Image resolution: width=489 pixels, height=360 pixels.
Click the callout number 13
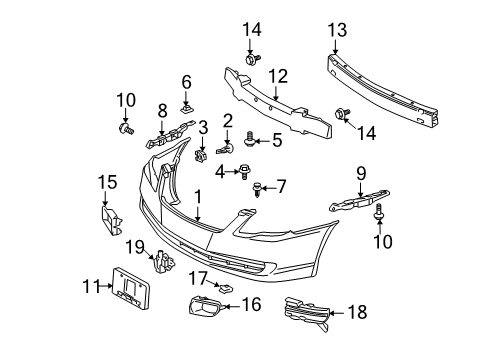point(337,30)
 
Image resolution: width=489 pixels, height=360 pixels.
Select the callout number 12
point(278,76)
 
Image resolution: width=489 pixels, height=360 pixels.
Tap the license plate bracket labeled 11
point(130,288)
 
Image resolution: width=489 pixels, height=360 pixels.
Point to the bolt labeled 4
point(245,172)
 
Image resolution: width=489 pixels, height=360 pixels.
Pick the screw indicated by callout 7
point(257,189)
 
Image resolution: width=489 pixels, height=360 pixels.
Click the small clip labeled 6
point(187,108)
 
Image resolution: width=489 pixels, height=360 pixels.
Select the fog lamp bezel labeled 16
point(204,306)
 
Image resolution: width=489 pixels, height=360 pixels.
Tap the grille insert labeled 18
point(307,313)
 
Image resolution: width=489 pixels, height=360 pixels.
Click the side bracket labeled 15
point(111,221)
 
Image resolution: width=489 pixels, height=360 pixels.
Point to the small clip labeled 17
point(225,287)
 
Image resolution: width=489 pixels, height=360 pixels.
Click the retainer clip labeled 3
point(200,156)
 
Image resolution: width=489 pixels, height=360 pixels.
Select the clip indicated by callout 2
point(225,149)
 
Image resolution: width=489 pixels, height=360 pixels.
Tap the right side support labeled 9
point(359,201)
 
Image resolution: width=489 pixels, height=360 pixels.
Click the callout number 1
point(198,197)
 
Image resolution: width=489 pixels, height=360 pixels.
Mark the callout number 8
point(162,111)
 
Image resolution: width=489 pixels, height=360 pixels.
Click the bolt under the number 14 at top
point(252,60)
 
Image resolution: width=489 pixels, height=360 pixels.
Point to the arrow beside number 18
point(338,313)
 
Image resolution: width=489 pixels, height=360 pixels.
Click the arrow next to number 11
point(106,286)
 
